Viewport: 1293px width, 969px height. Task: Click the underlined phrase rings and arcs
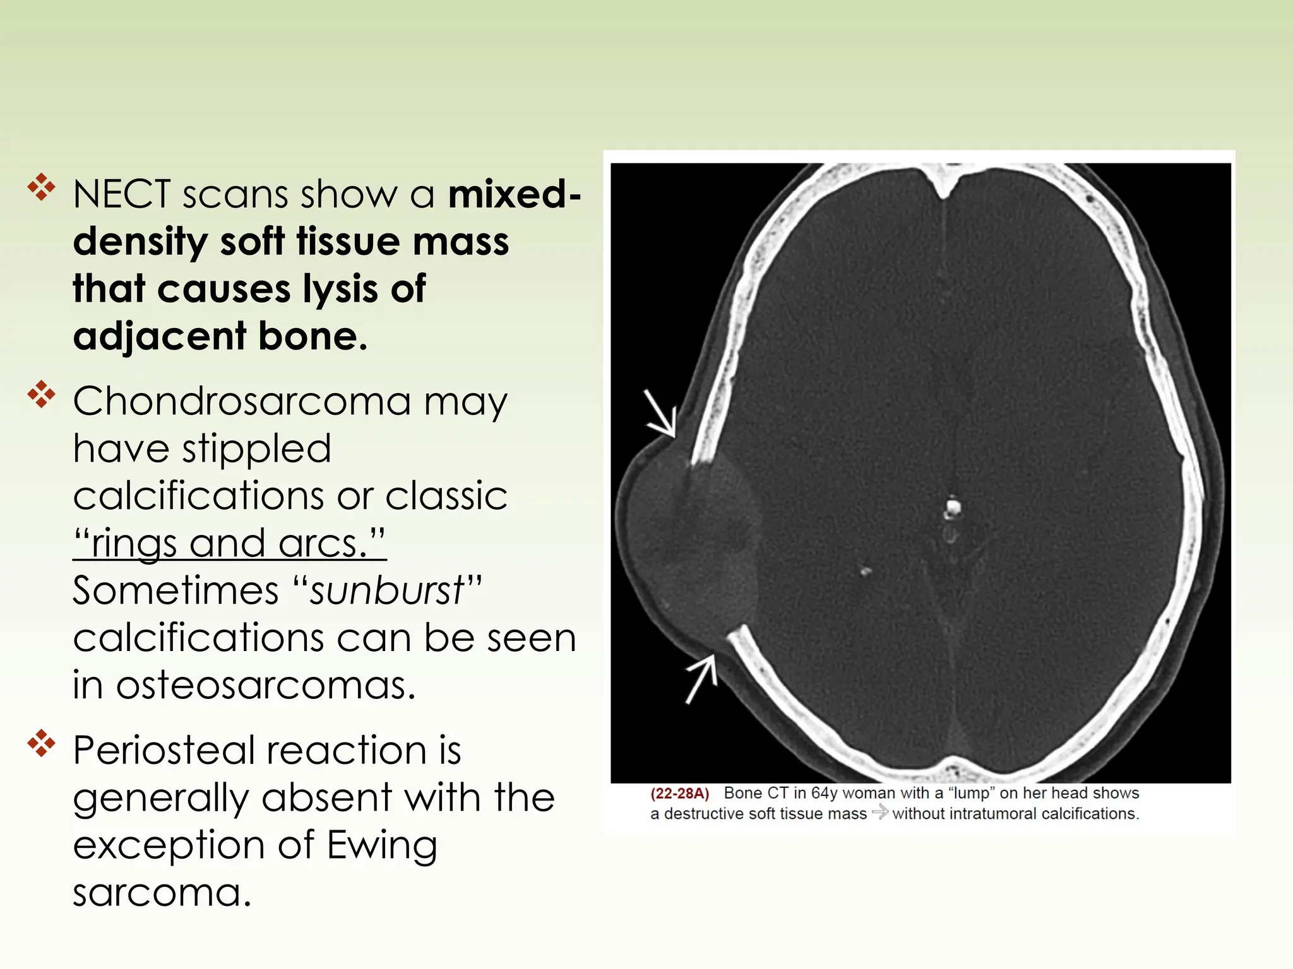229,543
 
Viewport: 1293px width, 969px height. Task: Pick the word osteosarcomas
266,685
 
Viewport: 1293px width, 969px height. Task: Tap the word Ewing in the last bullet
382,845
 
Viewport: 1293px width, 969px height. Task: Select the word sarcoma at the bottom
162,893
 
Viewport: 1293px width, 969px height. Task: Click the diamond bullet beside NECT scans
42,187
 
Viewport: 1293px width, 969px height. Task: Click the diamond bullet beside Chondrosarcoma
42,395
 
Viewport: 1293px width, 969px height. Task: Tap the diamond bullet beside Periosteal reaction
42,744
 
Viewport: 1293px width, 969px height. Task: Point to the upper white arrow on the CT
660,414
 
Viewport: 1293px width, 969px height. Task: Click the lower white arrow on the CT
701,679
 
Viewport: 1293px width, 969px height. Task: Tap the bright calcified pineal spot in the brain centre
952,507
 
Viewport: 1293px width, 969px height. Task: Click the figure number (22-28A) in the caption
680,794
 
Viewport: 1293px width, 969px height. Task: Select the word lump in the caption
971,794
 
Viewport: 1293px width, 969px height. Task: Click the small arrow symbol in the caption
879,813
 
